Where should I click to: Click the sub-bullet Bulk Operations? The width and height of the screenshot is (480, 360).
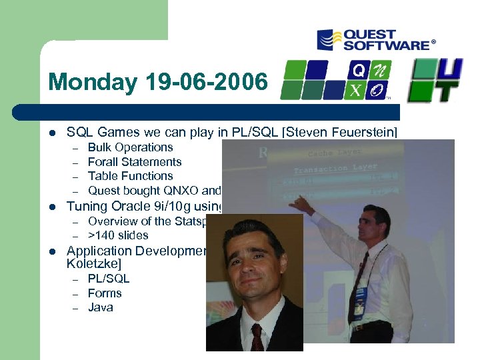(130, 147)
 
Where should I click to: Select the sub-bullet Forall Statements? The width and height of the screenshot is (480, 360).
(135, 162)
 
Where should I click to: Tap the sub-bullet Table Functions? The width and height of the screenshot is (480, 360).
(130, 176)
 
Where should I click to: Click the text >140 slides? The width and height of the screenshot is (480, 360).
(118, 235)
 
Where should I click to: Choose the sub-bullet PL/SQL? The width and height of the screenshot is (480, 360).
(109, 279)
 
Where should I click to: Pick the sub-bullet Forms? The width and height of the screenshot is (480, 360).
(105, 293)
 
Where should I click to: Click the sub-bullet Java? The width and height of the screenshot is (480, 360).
(101, 307)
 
